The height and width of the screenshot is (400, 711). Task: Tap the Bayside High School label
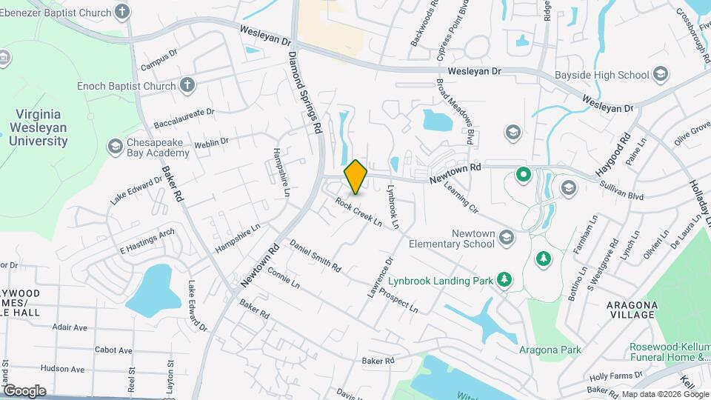(601, 75)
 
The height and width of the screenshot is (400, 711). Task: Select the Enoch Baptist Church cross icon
(187, 86)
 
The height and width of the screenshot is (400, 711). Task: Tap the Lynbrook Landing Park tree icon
(505, 279)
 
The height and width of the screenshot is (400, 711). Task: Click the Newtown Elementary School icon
(507, 237)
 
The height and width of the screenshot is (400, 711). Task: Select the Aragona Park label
(550, 350)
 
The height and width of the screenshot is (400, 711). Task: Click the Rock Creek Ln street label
(358, 211)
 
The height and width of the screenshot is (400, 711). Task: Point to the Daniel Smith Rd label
(316, 255)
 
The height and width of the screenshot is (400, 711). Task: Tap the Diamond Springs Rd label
(306, 93)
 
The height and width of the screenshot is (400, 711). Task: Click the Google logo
(24, 390)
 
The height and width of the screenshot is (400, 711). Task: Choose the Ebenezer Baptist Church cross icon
(122, 12)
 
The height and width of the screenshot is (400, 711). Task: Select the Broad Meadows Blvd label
(454, 111)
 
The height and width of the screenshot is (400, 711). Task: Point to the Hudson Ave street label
(64, 368)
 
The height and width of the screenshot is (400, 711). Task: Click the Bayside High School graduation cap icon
(661, 74)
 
